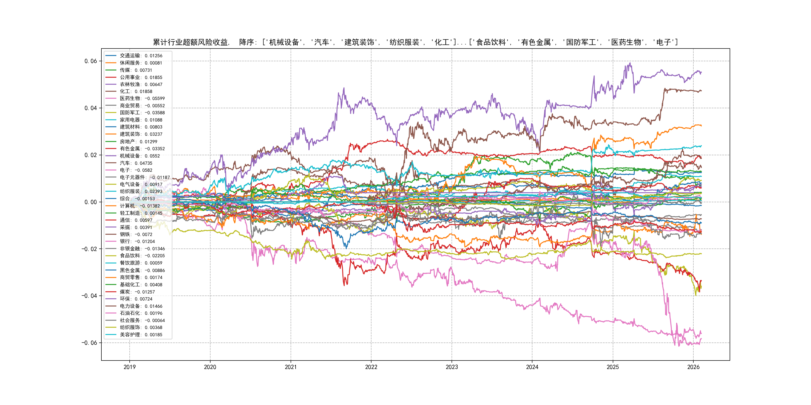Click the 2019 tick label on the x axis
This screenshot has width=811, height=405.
click(x=129, y=367)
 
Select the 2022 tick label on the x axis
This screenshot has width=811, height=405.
click(x=371, y=367)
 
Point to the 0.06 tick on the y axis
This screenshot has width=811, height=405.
click(x=91, y=61)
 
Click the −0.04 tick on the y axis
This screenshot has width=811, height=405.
click(x=89, y=295)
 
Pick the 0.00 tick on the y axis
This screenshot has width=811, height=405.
click(x=91, y=202)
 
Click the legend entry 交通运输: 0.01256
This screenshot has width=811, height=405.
click(x=141, y=56)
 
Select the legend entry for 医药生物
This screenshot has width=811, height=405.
click(x=142, y=98)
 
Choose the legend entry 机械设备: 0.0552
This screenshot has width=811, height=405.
click(x=139, y=156)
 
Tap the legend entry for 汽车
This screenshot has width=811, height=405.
click(x=136, y=163)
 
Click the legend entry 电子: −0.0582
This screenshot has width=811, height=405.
click(x=136, y=170)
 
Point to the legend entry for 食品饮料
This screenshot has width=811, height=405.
click(x=142, y=256)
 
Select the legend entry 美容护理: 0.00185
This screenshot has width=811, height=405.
click(x=141, y=334)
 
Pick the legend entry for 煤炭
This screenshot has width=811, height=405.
click(x=137, y=292)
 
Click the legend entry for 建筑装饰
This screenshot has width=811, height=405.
click(x=141, y=134)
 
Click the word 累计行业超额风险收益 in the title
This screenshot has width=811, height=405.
click(x=190, y=42)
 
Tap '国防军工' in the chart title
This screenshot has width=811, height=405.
click(x=581, y=42)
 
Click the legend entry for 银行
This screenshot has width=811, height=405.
click(x=137, y=241)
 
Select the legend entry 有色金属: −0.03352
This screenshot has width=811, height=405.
click(x=142, y=148)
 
